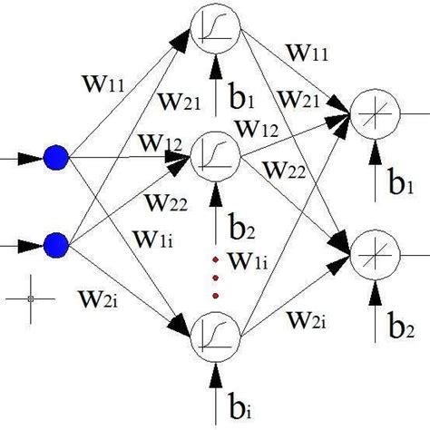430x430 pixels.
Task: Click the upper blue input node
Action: pos(56,159)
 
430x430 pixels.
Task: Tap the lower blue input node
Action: pos(56,244)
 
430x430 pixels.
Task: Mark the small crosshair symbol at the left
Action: pos(30,297)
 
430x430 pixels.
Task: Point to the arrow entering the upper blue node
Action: pos(23,160)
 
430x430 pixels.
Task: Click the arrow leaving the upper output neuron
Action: pos(413,114)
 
